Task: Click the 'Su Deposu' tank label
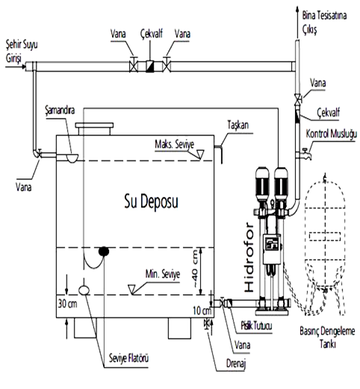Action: click(x=151, y=202)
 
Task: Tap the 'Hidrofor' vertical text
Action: click(x=249, y=258)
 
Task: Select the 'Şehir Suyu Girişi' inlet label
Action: click(x=22, y=52)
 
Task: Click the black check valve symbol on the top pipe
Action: click(x=150, y=66)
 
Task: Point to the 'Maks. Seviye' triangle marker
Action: click(x=199, y=155)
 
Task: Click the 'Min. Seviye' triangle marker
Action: click(x=132, y=290)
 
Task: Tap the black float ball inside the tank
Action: click(x=104, y=252)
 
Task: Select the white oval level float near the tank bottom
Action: click(x=84, y=290)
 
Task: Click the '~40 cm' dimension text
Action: click(x=195, y=268)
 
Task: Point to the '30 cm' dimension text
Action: click(x=67, y=304)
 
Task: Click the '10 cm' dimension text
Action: click(x=202, y=311)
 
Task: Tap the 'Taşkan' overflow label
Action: click(x=238, y=125)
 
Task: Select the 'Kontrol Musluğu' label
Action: click(x=332, y=134)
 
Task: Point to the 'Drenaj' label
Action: click(x=236, y=364)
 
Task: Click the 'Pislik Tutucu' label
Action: click(x=256, y=326)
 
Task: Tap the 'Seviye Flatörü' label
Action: click(x=128, y=358)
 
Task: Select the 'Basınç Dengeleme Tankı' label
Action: click(x=327, y=337)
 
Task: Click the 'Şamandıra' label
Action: click(x=60, y=110)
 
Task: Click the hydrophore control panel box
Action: click(x=272, y=249)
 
